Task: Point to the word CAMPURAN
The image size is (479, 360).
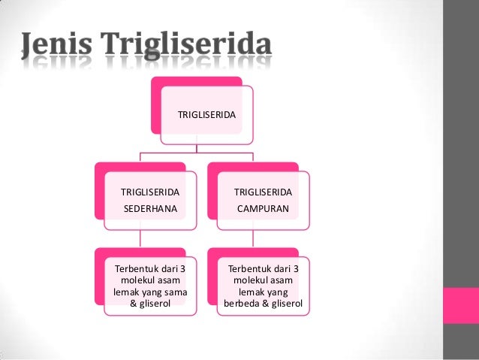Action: tap(262, 210)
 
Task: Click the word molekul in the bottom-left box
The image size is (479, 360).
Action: tap(138, 280)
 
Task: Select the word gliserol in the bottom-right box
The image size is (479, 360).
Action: tap(290, 304)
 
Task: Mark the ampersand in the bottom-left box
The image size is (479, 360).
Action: tap(134, 304)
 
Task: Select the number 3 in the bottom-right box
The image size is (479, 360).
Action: tap(296, 268)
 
